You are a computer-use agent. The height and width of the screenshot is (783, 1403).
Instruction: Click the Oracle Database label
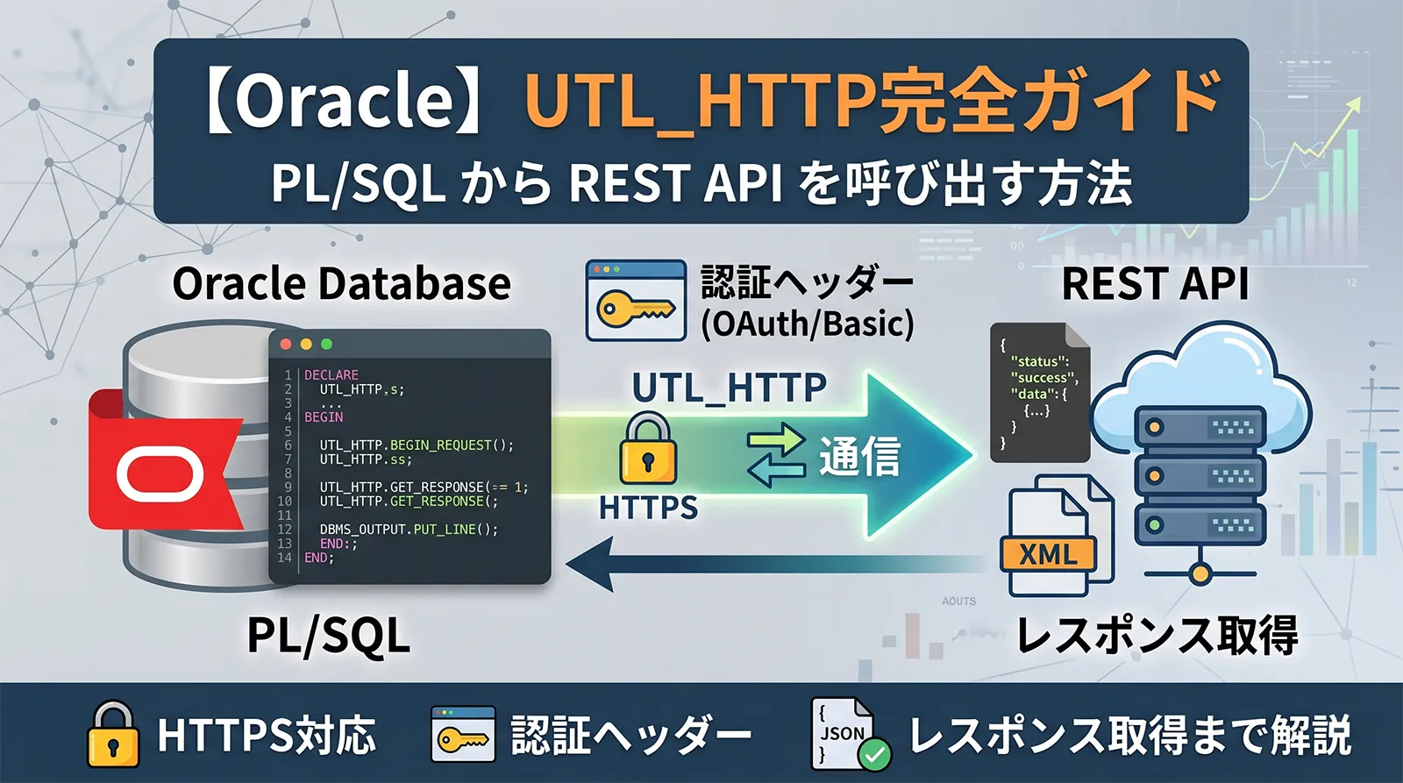tap(341, 283)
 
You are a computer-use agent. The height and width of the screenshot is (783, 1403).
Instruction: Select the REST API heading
tap(1155, 283)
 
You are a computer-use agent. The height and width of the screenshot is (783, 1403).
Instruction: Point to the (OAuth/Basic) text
tap(807, 324)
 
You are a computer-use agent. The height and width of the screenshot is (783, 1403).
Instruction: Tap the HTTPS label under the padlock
tap(648, 508)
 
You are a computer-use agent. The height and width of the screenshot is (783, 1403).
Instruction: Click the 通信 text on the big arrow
tap(859, 456)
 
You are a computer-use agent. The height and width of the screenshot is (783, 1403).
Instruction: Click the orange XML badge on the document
tap(1049, 553)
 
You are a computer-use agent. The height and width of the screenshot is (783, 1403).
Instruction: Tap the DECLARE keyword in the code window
tap(331, 374)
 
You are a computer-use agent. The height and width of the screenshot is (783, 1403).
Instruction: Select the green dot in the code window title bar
tap(327, 345)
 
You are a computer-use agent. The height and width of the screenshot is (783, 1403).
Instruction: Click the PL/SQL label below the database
tap(328, 636)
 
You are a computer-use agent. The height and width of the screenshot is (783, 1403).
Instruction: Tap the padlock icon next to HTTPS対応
tap(113, 734)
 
